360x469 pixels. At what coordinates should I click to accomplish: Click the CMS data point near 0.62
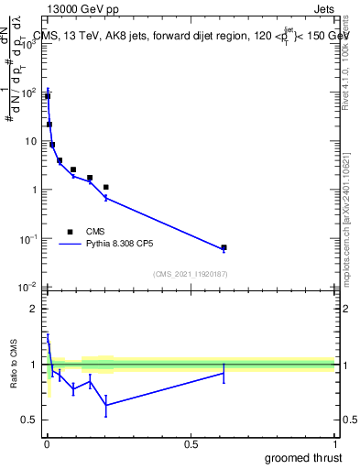[224, 247]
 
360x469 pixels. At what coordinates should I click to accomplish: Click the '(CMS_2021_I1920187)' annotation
[190, 273]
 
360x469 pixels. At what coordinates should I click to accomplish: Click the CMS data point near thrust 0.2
[106, 187]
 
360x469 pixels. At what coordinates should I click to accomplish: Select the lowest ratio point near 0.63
[106, 405]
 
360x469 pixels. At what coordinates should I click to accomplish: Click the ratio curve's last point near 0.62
[224, 373]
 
